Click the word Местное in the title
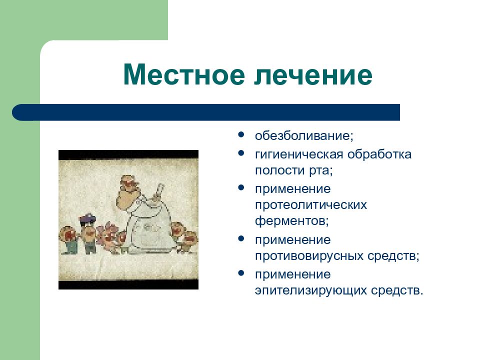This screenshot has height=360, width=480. [x=184, y=74]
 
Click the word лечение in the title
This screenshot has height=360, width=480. [x=313, y=74]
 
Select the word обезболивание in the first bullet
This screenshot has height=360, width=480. [x=302, y=135]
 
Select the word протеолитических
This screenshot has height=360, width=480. [x=310, y=205]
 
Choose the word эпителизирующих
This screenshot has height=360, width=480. [x=310, y=290]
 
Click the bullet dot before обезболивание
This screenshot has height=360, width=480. [x=241, y=134]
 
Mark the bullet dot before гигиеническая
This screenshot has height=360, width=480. [x=241, y=153]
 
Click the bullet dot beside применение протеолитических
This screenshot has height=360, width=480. [x=241, y=187]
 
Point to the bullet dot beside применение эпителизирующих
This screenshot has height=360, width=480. [x=241, y=273]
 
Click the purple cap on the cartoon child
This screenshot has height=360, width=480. [x=87, y=218]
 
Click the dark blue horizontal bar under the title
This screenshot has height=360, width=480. [x=206, y=112]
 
